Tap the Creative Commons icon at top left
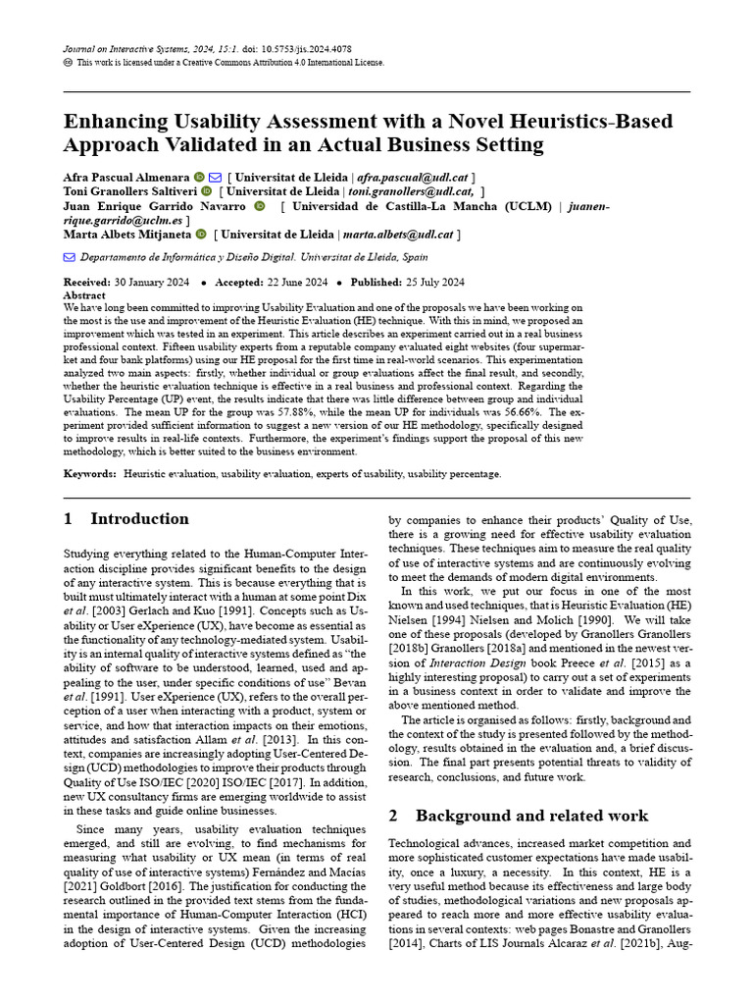coord(68,62)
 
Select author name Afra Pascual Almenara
coord(126,177)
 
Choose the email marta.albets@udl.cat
coord(398,235)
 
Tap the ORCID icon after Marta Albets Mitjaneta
coord(201,235)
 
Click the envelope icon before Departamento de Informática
coord(69,257)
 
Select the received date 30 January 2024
coord(153,282)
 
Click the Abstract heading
coord(84,294)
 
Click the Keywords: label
coord(89,473)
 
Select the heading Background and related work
coord(531,816)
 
